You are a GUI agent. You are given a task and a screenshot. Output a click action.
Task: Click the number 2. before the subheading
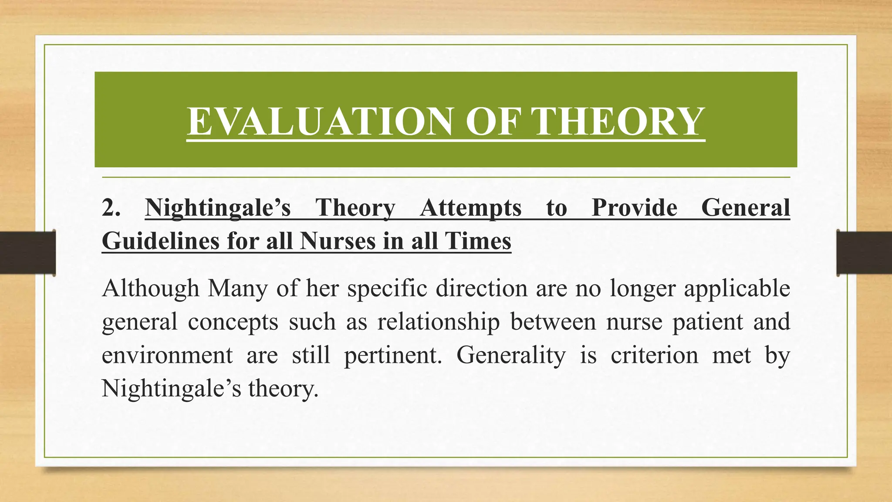(x=111, y=207)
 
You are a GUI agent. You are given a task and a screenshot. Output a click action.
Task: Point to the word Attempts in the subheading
(x=470, y=207)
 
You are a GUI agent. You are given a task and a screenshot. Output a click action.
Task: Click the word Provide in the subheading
(x=634, y=207)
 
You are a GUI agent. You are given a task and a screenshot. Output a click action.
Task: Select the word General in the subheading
(x=745, y=207)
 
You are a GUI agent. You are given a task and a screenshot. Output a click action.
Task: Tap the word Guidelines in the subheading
(x=160, y=241)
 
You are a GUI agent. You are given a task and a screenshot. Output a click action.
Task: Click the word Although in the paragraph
(x=150, y=288)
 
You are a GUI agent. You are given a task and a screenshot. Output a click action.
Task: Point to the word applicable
(x=737, y=288)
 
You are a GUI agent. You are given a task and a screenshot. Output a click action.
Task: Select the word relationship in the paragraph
(x=438, y=322)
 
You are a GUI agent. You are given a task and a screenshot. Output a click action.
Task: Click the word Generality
(x=510, y=355)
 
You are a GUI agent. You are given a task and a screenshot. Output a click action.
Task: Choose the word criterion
(x=654, y=355)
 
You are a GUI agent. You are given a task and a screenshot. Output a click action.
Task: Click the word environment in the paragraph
(x=167, y=355)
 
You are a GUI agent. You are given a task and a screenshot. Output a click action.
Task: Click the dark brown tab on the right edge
(x=864, y=253)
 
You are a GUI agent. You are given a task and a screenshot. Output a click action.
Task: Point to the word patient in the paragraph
(x=707, y=322)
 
